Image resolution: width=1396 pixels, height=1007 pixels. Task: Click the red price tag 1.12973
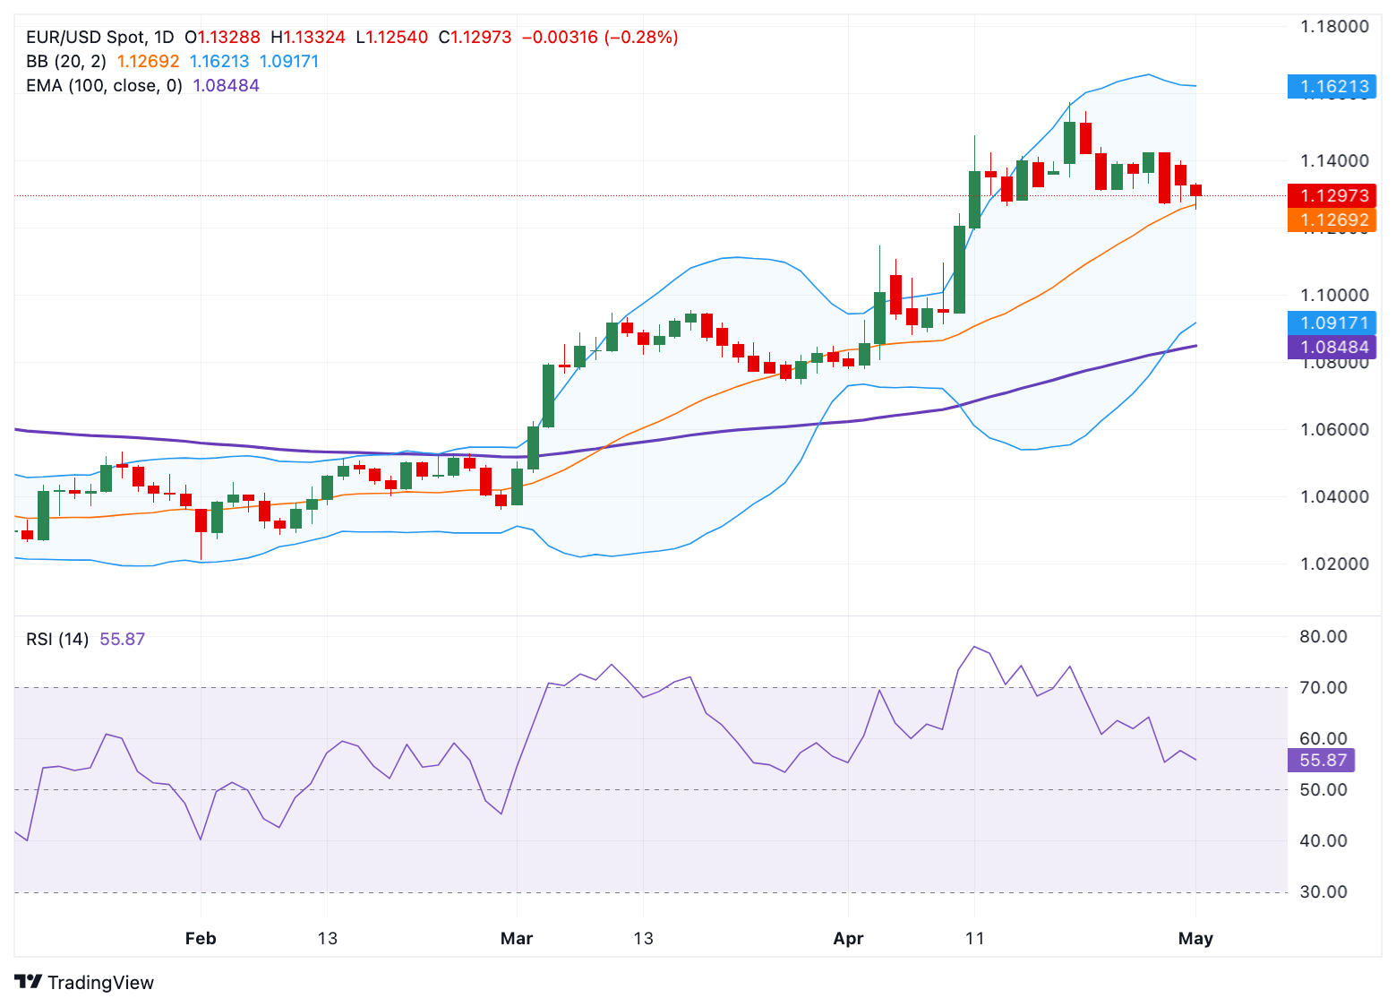tap(1332, 195)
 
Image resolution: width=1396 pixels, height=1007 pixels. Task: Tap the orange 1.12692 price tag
tap(1332, 219)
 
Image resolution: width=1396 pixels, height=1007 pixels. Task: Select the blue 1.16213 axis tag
tap(1332, 87)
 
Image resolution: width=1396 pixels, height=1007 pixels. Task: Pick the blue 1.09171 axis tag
tap(1332, 323)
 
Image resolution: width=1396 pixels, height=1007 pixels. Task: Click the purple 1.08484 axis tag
tap(1332, 347)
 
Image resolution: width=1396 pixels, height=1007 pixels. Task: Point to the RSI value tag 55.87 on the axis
tap(1321, 760)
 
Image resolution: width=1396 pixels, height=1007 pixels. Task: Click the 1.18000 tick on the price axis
tap(1334, 26)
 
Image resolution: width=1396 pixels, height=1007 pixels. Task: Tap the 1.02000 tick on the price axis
tap(1334, 564)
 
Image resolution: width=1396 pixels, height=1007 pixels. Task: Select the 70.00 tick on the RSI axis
tap(1323, 687)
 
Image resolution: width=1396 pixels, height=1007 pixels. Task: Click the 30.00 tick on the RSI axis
tap(1323, 891)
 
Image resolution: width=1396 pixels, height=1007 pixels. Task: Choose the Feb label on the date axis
tap(201, 938)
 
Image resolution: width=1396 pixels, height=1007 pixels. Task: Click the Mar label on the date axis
tap(517, 938)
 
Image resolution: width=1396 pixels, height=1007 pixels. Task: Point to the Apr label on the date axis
tap(848, 938)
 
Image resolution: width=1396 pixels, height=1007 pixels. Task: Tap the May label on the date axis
tap(1195, 938)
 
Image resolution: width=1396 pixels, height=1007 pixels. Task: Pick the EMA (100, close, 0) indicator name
tap(104, 86)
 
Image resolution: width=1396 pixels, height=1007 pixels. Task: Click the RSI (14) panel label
tap(57, 639)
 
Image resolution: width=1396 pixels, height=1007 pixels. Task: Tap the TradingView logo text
tap(100, 983)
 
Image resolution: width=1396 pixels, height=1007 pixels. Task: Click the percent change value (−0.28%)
tap(641, 38)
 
